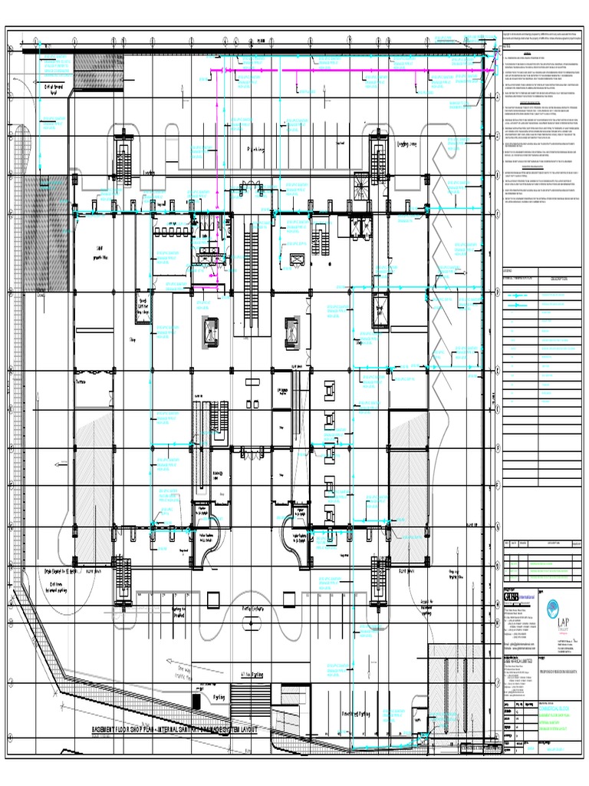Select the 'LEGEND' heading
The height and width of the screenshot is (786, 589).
(507, 271)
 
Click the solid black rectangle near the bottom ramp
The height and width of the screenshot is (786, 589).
(197, 701)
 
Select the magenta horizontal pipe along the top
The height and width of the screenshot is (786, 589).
(345, 70)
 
